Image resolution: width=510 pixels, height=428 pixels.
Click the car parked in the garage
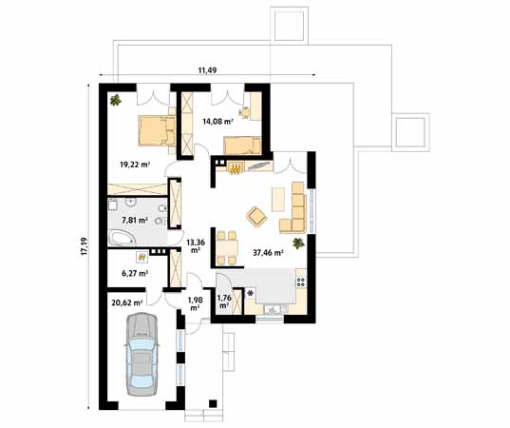[x=142, y=354]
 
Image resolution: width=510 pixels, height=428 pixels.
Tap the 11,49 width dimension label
[x=207, y=70]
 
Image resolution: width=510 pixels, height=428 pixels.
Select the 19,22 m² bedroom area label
[x=135, y=165]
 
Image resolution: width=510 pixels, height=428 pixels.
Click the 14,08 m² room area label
[x=217, y=122]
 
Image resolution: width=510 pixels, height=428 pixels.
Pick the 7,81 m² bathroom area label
[x=135, y=221]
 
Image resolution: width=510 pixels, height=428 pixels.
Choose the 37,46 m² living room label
[x=268, y=252]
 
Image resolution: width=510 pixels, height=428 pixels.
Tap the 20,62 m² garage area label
[x=127, y=302]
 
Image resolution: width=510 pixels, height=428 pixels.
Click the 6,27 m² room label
[x=135, y=274]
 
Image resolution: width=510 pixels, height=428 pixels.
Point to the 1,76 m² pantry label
[x=224, y=302]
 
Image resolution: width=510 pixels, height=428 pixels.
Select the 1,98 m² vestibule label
[x=195, y=303]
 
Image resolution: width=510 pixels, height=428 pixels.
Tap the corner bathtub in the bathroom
[x=122, y=238]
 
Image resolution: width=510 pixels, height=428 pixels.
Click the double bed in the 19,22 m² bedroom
[x=157, y=130]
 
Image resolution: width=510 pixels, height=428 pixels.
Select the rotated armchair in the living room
[x=256, y=216]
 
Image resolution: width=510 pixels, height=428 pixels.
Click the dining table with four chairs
[x=227, y=247]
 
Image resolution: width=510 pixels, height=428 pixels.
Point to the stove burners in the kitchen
[x=301, y=282]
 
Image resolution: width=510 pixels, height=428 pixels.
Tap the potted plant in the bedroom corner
[x=116, y=100]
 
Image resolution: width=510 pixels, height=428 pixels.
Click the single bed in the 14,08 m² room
[x=242, y=146]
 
